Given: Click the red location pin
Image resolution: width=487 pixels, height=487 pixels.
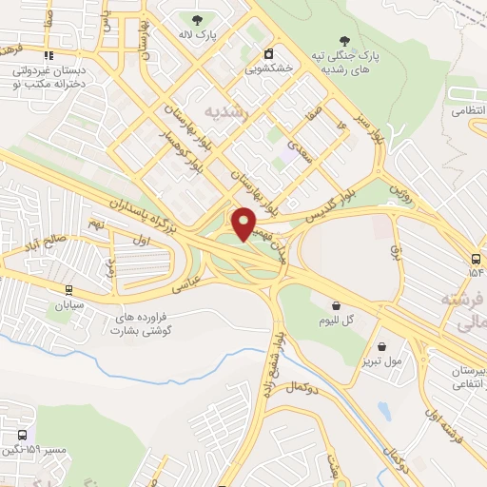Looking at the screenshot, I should pos(244,223).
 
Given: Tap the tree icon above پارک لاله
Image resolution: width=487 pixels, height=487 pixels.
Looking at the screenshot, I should pos(198,19).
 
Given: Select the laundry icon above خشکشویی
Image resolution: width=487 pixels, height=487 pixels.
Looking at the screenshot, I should pos(269,53).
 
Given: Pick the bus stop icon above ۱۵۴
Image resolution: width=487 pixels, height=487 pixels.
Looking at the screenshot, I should pos(476,259).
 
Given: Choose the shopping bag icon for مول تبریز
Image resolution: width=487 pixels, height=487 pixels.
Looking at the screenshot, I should pos(381,347).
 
